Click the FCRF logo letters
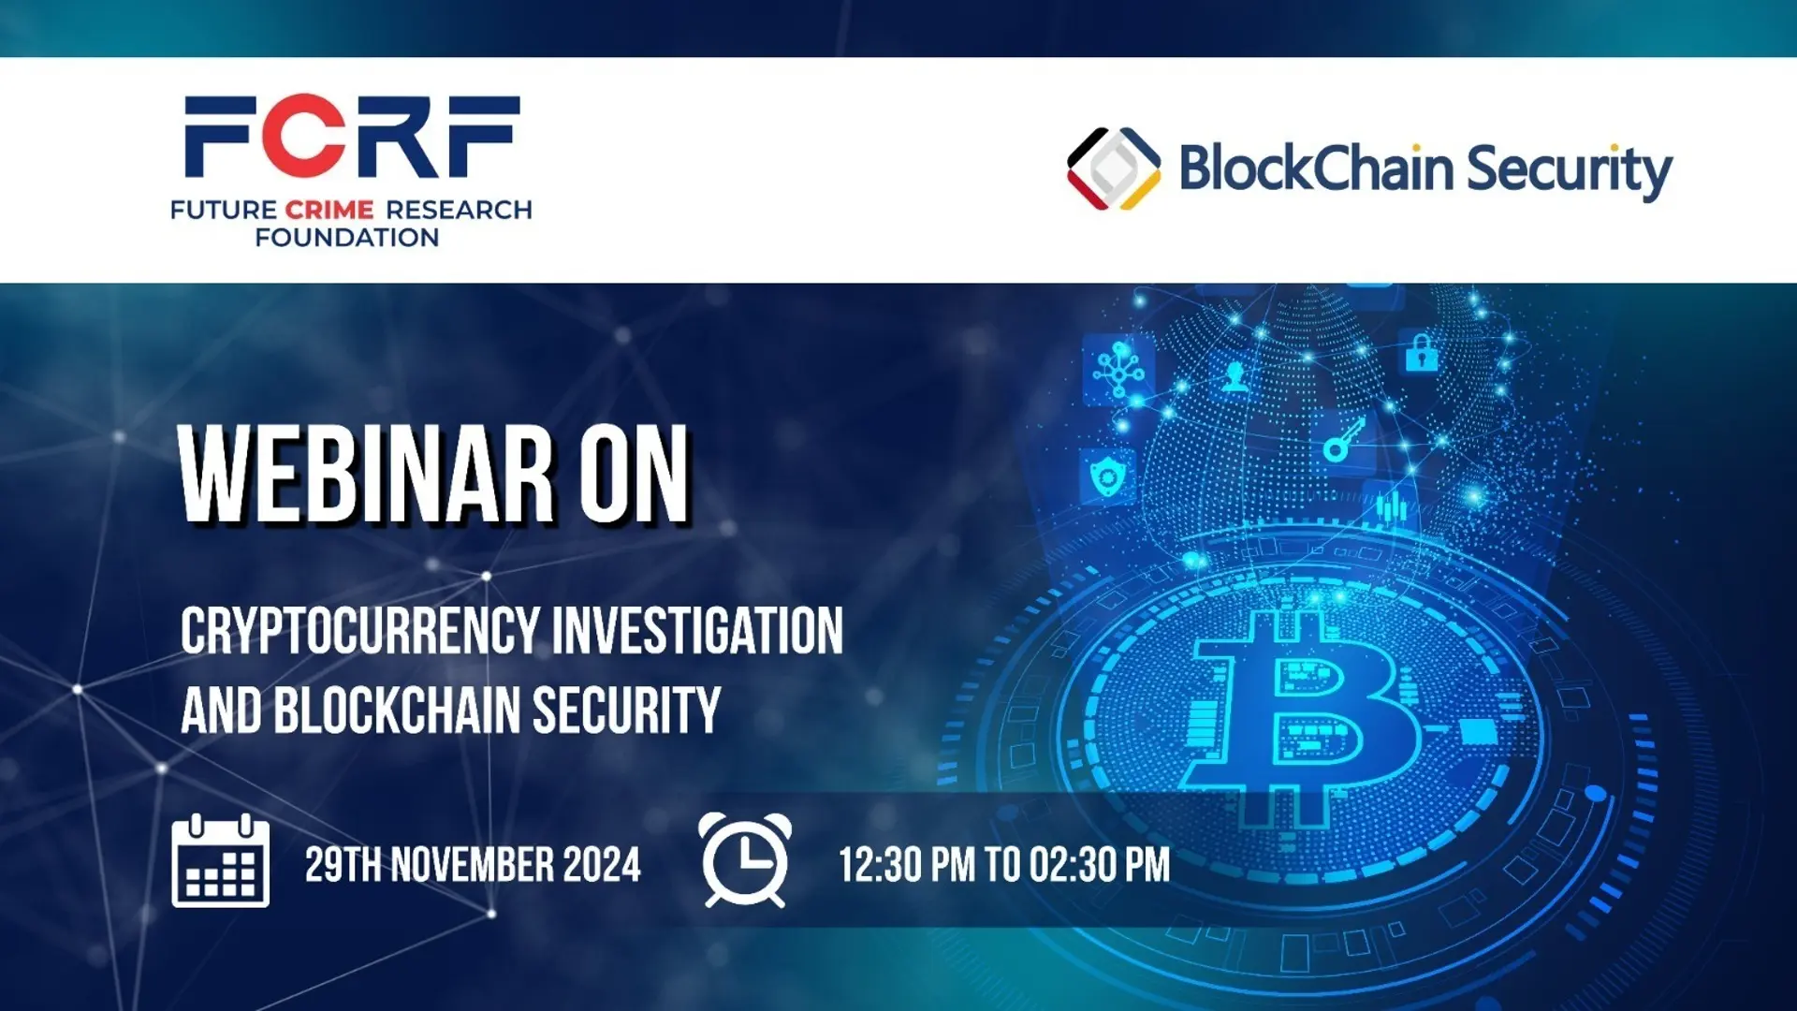352,137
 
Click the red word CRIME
329,210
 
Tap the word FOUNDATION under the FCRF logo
347,238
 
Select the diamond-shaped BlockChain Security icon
1114,168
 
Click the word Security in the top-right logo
1570,170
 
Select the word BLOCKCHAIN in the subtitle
398,711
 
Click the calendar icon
221,861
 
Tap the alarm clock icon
745,860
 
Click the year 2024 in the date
603,865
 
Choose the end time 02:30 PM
1101,865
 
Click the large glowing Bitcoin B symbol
1301,716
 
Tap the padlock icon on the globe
1421,353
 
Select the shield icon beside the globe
1108,476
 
